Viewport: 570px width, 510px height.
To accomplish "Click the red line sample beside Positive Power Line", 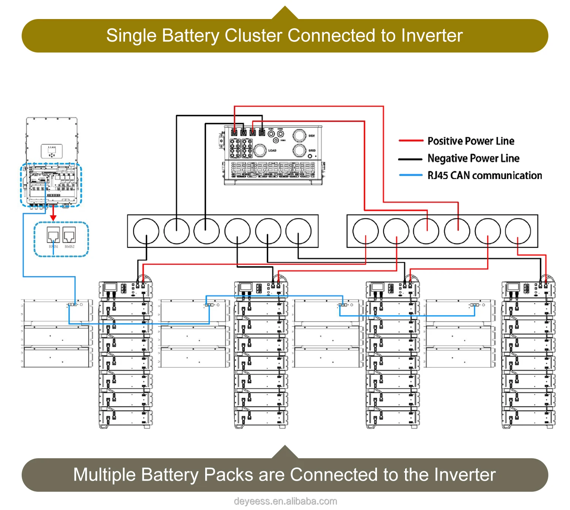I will (x=411, y=141).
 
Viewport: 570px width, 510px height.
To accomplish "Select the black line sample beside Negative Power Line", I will (x=410, y=159).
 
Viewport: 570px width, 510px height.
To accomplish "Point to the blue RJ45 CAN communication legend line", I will (x=411, y=175).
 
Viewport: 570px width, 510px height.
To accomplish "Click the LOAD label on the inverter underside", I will (x=272, y=151).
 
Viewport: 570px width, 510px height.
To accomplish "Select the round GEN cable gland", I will (x=299, y=135).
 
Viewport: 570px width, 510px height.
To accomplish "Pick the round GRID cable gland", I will (x=299, y=150).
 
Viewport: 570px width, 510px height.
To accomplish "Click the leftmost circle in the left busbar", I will (x=146, y=231).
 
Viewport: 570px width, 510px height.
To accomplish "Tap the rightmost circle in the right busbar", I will (x=518, y=231).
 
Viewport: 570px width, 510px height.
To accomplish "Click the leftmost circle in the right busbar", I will (x=366, y=231).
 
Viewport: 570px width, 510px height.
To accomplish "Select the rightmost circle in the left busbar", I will (x=299, y=231).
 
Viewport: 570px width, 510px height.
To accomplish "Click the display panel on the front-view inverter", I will (x=52, y=151).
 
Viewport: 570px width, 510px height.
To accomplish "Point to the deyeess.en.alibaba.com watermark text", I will (x=285, y=501).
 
